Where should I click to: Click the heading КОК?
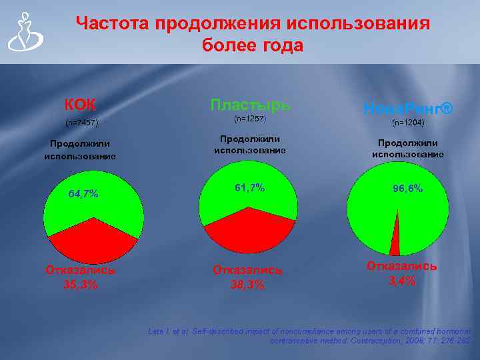coord(80,105)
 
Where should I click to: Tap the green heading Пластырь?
coord(250,105)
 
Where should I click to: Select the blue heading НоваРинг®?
coord(408,108)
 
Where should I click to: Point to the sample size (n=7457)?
coord(82,123)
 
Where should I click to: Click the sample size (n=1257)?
coord(250,119)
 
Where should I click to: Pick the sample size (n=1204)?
coord(408,123)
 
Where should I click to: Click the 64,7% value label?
coord(83,194)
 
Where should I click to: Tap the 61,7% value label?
coord(249,188)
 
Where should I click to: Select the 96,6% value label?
coord(407,189)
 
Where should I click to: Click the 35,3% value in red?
coord(81,284)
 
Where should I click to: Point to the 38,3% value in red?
coord(247,285)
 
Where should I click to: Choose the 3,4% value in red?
coord(402,281)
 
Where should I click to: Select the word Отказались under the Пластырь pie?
coord(247,270)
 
